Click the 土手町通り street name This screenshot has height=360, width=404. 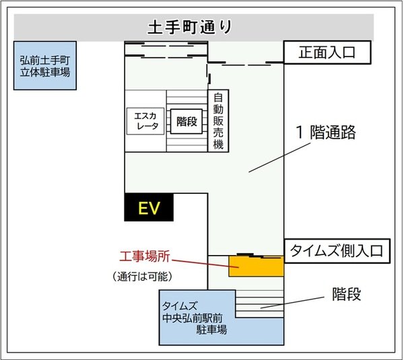[x=190, y=27]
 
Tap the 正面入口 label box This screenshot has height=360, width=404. [x=327, y=52]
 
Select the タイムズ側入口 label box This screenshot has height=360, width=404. [x=337, y=251]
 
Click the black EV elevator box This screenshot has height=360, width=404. [x=149, y=207]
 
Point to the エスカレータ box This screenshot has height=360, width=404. [x=145, y=121]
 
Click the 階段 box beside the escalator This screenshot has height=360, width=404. [x=187, y=121]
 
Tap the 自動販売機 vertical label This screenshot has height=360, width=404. [x=218, y=120]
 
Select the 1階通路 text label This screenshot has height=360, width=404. [x=326, y=133]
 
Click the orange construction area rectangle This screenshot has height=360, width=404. [x=257, y=266]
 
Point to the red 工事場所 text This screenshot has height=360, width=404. [x=145, y=256]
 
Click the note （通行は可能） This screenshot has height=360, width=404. [x=142, y=277]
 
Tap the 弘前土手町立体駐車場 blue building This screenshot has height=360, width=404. [x=45, y=66]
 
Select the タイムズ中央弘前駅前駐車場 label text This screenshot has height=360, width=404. [x=195, y=318]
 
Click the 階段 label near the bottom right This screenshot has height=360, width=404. [x=346, y=294]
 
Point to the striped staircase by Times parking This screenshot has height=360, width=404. [x=260, y=304]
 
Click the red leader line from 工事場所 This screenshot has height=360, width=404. [x=205, y=264]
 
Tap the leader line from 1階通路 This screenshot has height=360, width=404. [x=280, y=157]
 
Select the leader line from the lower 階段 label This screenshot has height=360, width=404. [x=292, y=302]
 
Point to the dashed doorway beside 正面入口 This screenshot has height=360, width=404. [x=246, y=63]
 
